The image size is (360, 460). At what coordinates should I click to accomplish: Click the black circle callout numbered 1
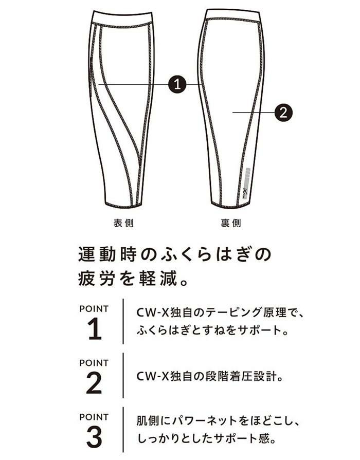[177, 84]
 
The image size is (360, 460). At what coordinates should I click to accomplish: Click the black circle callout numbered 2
[283, 112]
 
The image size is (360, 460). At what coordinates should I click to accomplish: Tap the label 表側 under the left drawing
[123, 223]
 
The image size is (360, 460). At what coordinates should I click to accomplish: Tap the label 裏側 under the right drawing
[231, 223]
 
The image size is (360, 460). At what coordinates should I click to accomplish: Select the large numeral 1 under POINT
[95, 329]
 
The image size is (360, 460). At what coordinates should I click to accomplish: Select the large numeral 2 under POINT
[94, 383]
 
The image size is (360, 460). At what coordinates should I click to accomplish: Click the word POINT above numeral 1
[94, 308]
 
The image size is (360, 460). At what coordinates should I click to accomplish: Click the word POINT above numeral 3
[94, 417]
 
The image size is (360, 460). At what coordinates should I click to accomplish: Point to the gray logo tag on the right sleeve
[247, 183]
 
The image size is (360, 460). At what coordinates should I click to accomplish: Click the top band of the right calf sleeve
[232, 14]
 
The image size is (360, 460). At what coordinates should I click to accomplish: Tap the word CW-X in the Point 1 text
[152, 313]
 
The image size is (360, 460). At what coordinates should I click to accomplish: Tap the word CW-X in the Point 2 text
[152, 376]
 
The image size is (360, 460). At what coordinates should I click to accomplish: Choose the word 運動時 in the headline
[107, 254]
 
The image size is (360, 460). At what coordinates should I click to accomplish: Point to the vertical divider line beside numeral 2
[123, 376]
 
